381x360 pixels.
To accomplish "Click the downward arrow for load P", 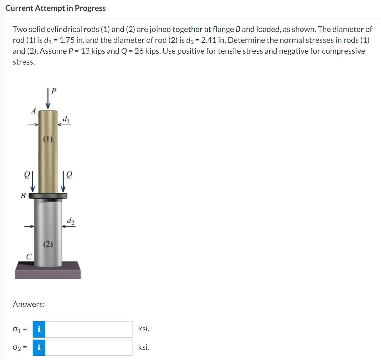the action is (x=48, y=98).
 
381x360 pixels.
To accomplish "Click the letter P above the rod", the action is (x=54, y=91).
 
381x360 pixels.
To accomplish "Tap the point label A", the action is (x=34, y=111).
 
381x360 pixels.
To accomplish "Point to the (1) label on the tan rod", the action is (x=48, y=139).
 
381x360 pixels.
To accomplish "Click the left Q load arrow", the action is (x=33, y=181).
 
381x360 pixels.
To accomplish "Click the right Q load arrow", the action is (x=63, y=181).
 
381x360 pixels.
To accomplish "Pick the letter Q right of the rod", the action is (x=69, y=175).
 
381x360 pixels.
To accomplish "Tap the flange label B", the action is (x=23, y=195).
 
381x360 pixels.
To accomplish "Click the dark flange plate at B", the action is (x=48, y=196).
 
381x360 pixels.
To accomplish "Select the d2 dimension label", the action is (x=71, y=221).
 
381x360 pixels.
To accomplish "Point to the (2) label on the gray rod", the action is (x=48, y=244).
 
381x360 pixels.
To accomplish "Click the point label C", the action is (x=29, y=257).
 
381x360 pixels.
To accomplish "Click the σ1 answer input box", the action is (x=89, y=329).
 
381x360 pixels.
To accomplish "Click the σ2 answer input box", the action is (x=89, y=347).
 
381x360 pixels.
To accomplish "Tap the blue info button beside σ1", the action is (x=39, y=329).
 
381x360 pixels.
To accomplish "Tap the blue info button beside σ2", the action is (x=39, y=347).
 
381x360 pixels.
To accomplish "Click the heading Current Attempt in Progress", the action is (x=55, y=8).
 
